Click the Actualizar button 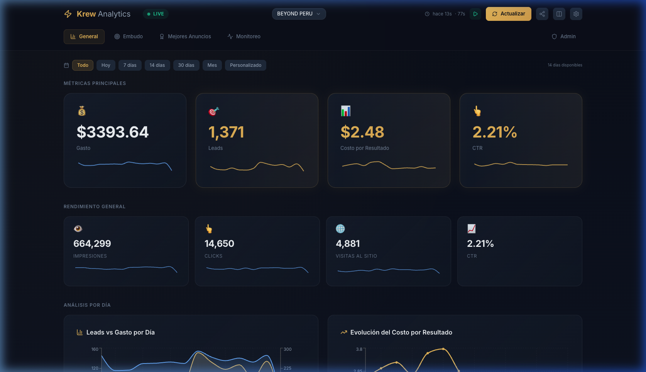[x=508, y=14]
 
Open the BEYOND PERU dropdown [x=299, y=14]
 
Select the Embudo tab [x=129, y=36]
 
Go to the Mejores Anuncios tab [x=185, y=36]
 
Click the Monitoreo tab [x=244, y=36]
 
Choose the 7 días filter [x=130, y=65]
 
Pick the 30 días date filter [x=186, y=65]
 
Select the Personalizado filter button [x=245, y=65]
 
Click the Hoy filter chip [x=106, y=65]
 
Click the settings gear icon [x=576, y=14]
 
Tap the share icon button [x=542, y=14]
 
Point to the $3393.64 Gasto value [x=112, y=132]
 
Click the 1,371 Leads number [x=226, y=132]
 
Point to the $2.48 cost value [x=362, y=132]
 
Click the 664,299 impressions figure [x=92, y=244]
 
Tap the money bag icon [x=82, y=111]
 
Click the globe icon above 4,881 [x=340, y=229]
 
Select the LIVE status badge [x=156, y=14]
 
